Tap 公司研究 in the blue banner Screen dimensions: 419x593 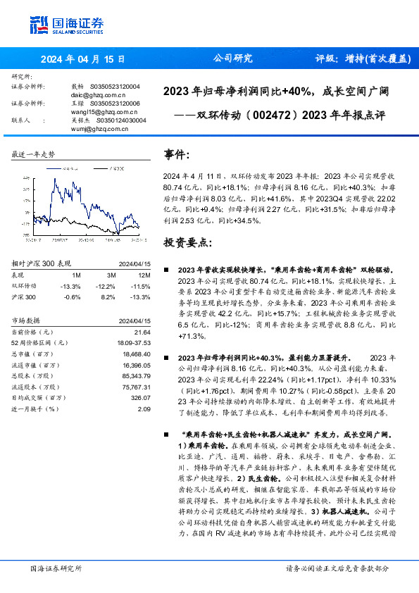click(232, 58)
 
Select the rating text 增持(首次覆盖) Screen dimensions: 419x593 click(362, 58)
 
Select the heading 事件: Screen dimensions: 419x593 click(177, 154)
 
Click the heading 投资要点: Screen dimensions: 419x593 click(187, 242)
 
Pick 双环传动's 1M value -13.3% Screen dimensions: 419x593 click(71, 286)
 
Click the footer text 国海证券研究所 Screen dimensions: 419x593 click(56, 568)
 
